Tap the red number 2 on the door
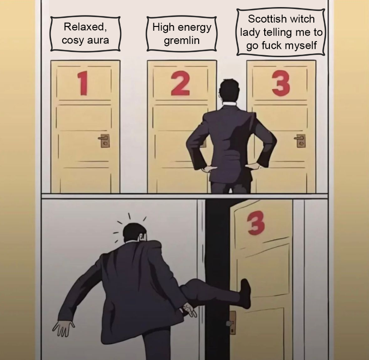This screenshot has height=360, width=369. pos(180,85)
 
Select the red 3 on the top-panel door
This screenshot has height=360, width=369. pos(281,84)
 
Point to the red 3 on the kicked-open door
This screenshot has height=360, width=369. pos(255,223)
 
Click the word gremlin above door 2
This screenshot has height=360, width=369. pos(182,40)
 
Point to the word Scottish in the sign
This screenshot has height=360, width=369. pos(268,20)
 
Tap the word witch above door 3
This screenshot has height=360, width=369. pos(302,20)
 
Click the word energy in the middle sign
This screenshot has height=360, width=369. pos(194,27)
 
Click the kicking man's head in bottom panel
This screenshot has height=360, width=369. pos(134,233)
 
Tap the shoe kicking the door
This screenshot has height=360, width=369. pos(245,293)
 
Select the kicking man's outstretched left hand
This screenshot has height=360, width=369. pos(63,326)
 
